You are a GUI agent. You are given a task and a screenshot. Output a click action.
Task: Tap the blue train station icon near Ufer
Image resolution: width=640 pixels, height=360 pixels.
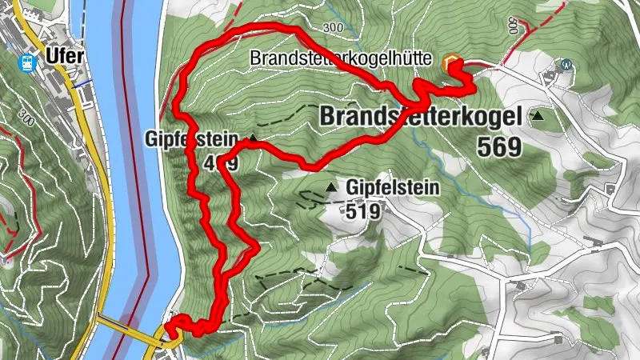pos(29,62)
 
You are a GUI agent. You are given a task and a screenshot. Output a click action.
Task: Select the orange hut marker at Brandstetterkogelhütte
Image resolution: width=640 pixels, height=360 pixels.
pos(453,61)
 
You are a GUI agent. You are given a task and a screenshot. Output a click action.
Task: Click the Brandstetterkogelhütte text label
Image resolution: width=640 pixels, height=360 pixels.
pos(342,59)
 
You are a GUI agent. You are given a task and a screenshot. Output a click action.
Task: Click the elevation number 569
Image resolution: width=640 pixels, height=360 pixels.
pos(498,146)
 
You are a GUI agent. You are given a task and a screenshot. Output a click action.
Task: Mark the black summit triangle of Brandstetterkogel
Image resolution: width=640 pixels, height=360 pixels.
pos(538,117)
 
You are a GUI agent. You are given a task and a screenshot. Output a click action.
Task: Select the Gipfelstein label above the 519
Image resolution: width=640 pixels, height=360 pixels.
pos(394,188)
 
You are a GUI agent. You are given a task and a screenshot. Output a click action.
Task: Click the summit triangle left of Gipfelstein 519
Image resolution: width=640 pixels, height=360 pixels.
pos(331,188)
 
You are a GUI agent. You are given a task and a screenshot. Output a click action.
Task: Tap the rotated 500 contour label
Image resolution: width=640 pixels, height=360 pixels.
pos(512,25)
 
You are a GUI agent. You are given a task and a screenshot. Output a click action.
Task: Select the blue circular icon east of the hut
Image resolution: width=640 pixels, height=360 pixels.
pos(566,64)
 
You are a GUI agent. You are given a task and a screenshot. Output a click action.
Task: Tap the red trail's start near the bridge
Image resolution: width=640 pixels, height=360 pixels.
pos(169,326)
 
